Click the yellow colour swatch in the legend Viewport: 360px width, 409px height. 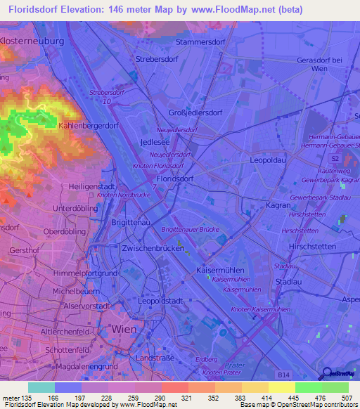tap(281, 387)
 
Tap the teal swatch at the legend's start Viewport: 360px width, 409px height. tap(41, 387)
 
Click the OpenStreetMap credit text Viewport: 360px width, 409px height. tap(307, 405)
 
